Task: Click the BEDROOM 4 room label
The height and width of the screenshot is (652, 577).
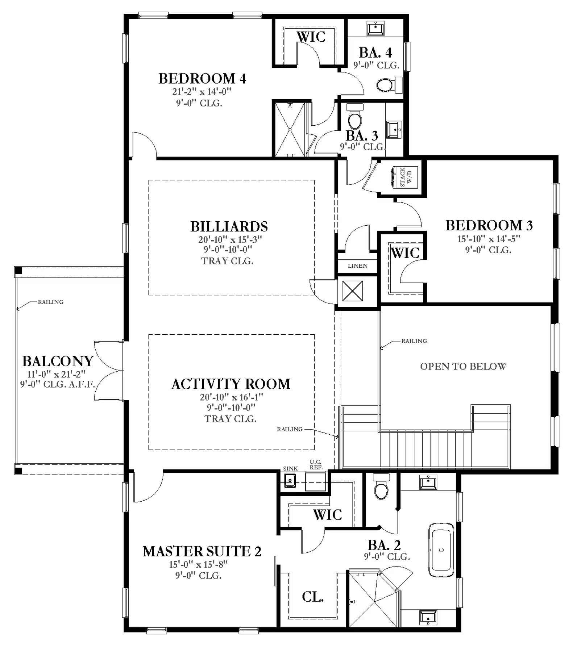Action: pyautogui.click(x=202, y=79)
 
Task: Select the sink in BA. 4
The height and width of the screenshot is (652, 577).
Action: pyautogui.click(x=375, y=28)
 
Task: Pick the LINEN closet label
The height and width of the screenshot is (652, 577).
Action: pyautogui.click(x=358, y=266)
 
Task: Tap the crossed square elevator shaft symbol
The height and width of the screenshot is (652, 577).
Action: pyautogui.click(x=352, y=291)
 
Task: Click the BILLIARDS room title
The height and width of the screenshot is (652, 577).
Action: pyautogui.click(x=229, y=227)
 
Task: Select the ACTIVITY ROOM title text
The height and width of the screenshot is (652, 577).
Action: pyautogui.click(x=231, y=384)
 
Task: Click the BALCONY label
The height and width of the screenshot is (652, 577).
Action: pyautogui.click(x=58, y=361)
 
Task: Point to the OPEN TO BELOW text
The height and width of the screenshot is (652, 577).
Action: pyautogui.click(x=463, y=366)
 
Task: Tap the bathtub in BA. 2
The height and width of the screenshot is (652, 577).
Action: pyautogui.click(x=441, y=549)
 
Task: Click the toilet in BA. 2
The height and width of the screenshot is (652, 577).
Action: pyautogui.click(x=381, y=486)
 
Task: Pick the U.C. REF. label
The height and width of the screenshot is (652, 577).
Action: pyautogui.click(x=316, y=465)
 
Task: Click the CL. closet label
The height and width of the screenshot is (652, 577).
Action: pyautogui.click(x=313, y=597)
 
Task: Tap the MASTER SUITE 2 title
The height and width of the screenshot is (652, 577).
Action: pyautogui.click(x=202, y=551)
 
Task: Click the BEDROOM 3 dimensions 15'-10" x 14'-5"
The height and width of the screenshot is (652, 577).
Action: pyautogui.click(x=489, y=239)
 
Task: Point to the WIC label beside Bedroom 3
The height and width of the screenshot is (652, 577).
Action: pyautogui.click(x=405, y=253)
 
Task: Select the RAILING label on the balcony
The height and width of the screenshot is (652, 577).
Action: pyautogui.click(x=51, y=302)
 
